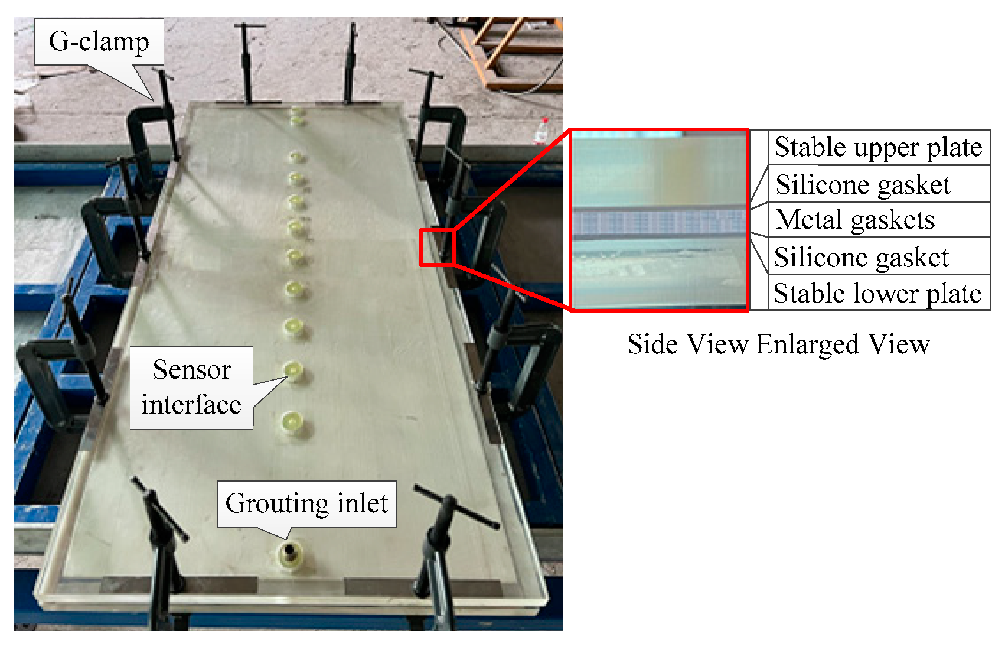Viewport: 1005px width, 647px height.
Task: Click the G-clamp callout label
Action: (99, 41)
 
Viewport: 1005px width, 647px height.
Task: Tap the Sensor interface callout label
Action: (191, 387)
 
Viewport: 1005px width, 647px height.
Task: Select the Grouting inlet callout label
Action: (306, 503)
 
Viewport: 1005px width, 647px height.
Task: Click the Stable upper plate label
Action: (878, 147)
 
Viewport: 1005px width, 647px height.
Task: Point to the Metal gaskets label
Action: (855, 220)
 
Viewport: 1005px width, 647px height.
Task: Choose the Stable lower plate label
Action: (877, 293)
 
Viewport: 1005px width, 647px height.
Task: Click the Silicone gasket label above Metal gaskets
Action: (863, 184)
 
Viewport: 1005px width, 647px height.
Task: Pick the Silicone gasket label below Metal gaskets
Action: (861, 257)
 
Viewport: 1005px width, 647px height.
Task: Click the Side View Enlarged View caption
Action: (778, 344)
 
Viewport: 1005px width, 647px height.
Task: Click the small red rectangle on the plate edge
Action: (437, 247)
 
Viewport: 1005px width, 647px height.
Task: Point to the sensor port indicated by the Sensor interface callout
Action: (293, 371)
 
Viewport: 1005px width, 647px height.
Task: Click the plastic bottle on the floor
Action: (541, 131)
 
